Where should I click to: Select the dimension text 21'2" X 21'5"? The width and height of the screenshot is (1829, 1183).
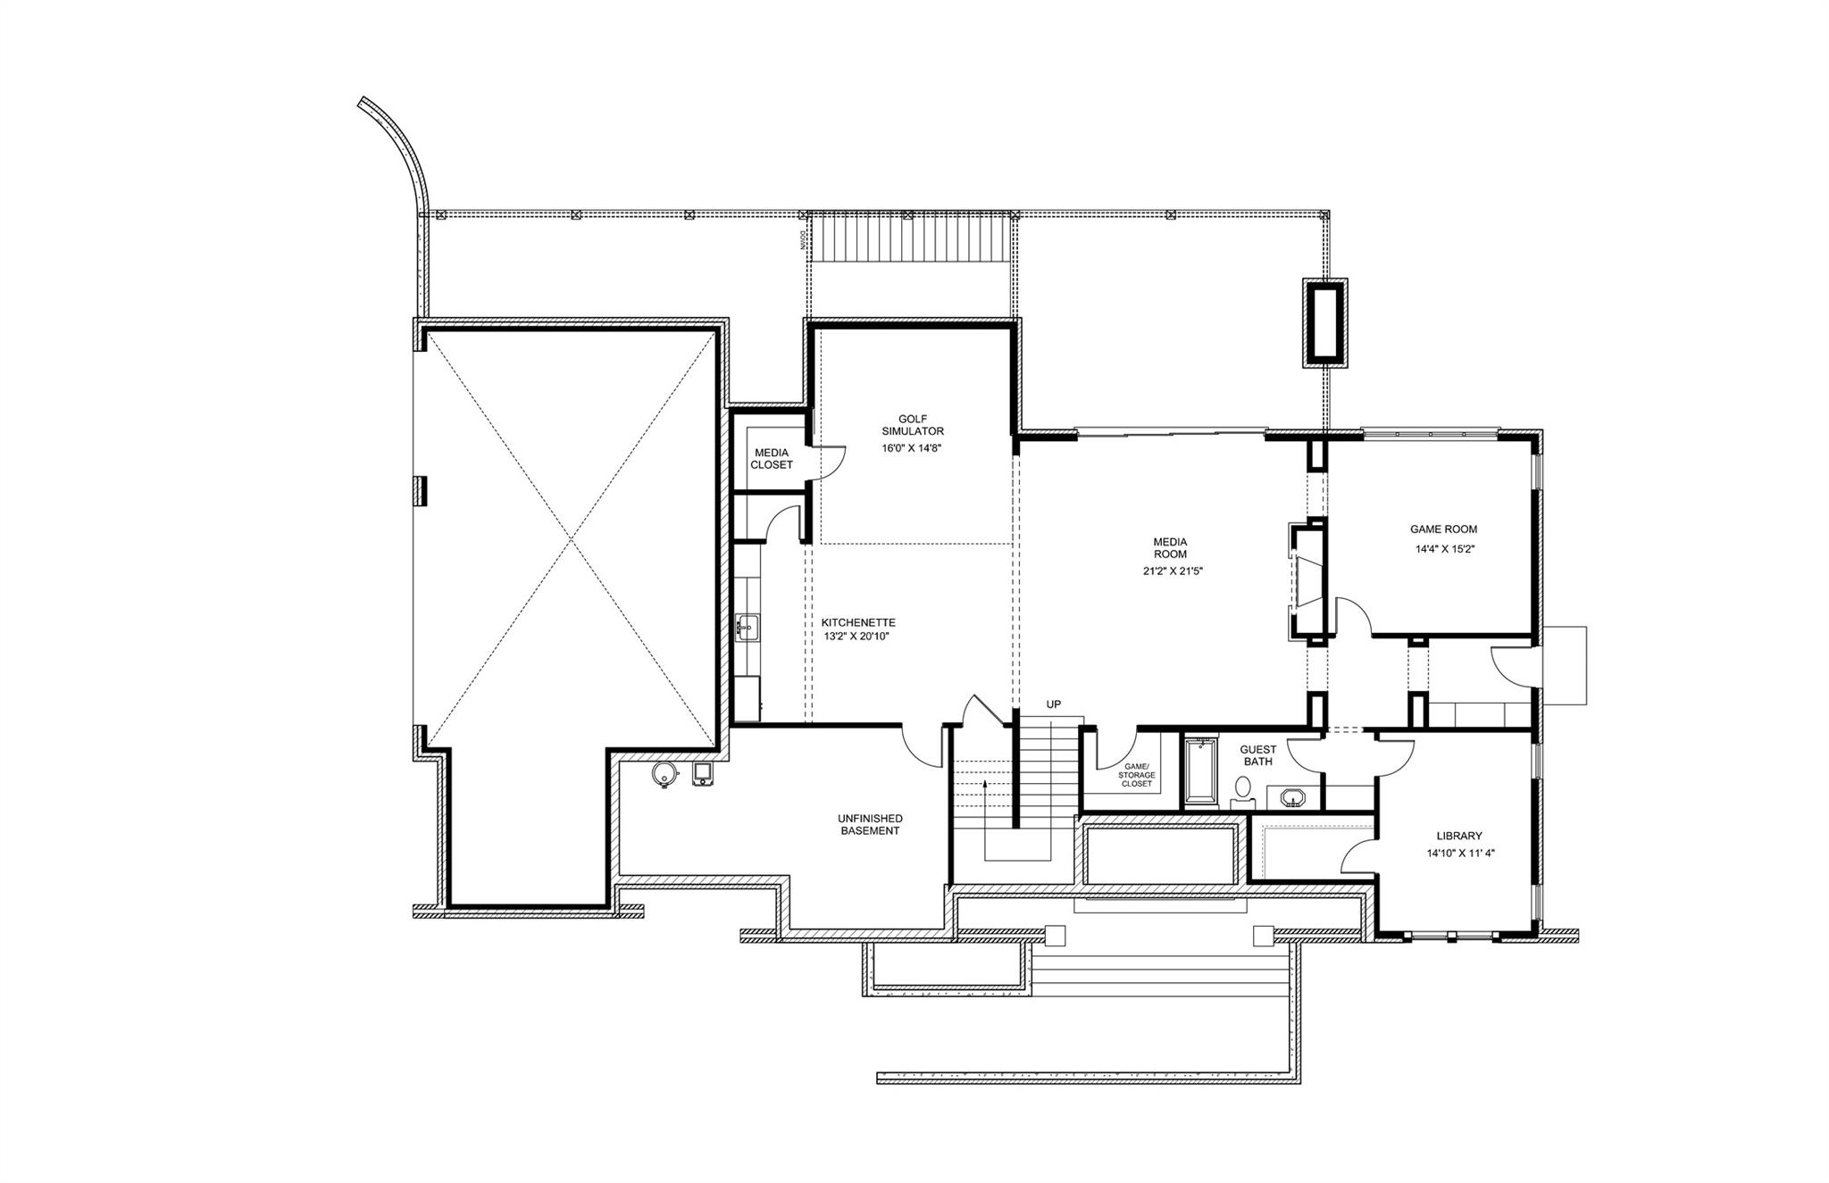coord(1173,571)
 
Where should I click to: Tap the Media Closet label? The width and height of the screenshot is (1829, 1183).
coord(771,459)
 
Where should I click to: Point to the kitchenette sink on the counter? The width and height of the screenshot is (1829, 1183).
coord(747,628)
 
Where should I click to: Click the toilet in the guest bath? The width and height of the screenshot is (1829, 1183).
coord(1242,788)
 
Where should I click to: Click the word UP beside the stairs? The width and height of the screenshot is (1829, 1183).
coord(1054,704)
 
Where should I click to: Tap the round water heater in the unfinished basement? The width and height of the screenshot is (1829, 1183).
coord(663,775)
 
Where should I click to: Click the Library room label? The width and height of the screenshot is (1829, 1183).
coord(1459,837)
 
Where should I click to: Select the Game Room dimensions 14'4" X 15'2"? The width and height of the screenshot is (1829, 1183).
coord(1443,549)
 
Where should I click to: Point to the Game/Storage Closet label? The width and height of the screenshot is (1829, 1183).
coord(1136,775)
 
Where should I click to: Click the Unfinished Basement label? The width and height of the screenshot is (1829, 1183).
coord(870,824)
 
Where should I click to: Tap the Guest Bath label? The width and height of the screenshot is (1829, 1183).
coord(1257,755)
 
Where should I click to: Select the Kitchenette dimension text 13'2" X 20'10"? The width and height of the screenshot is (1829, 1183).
coord(856,637)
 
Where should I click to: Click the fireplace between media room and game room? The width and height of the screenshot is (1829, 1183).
coord(1307,580)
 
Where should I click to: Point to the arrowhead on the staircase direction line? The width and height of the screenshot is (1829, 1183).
coord(984,783)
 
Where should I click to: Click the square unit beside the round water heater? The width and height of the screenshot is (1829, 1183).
coord(704,774)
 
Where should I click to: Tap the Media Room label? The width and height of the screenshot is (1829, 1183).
coord(1170,547)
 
